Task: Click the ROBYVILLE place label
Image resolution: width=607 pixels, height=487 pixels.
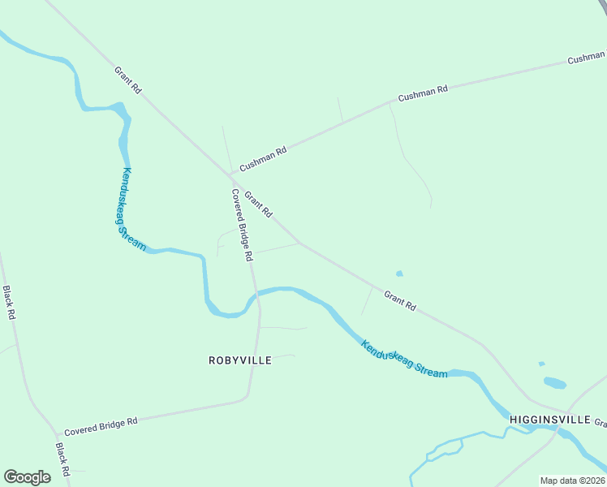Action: point(239,360)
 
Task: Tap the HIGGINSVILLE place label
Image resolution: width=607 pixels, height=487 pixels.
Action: point(549,419)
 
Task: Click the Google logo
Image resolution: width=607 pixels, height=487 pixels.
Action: point(27,476)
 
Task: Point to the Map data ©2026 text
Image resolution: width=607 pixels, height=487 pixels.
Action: point(572,481)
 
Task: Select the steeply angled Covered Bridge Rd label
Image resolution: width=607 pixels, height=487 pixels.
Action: point(243,225)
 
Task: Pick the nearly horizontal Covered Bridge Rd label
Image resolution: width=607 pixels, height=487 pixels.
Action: point(101,425)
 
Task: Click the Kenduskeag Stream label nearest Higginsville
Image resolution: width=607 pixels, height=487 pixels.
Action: point(403,358)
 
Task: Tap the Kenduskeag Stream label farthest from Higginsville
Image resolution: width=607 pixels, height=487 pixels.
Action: point(133,209)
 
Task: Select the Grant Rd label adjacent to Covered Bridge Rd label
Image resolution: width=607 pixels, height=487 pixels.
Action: point(257,205)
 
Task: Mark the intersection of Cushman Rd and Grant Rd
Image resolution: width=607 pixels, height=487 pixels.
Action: point(230,174)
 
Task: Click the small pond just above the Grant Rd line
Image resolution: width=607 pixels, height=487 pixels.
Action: point(398,274)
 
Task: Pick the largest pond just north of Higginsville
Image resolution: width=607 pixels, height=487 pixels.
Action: point(554,381)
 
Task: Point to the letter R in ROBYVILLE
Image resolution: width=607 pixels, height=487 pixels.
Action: point(213,360)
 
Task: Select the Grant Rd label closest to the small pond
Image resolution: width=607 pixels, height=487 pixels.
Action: point(400,301)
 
